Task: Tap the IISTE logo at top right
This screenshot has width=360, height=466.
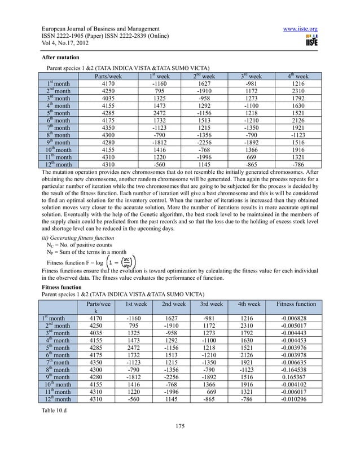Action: [310, 41]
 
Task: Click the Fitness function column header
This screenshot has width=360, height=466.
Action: [297, 304]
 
